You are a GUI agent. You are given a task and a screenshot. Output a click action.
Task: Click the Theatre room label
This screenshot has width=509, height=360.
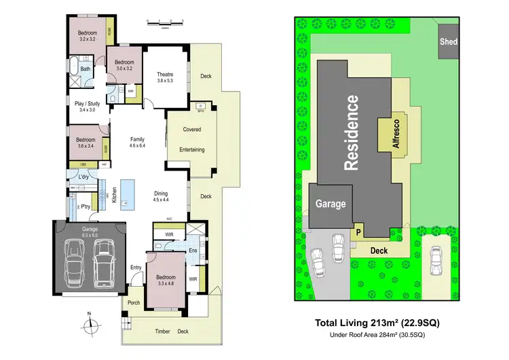tap(165, 75)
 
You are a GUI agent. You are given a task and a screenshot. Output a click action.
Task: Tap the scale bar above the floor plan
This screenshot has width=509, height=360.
tap(166, 23)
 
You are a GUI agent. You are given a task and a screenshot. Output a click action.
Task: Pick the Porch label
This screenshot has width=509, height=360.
tap(132, 303)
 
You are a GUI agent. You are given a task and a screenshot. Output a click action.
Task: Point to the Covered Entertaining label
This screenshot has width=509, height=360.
tap(192, 139)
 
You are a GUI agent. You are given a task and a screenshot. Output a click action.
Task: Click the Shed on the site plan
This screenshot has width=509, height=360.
tap(449, 42)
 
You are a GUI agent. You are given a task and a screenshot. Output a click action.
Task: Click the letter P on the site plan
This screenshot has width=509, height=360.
tap(358, 232)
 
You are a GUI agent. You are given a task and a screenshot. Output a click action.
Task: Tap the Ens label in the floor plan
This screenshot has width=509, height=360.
tap(192, 250)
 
